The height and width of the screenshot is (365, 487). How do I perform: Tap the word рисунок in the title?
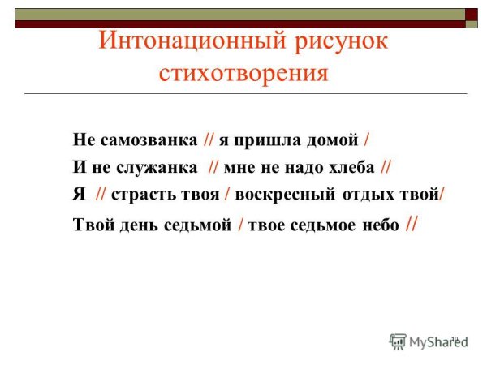pos(334,41)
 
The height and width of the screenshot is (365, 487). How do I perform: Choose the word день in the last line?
pos(133,225)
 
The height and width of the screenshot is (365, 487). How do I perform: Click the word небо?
pos(379,225)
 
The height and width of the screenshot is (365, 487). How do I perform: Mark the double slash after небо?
pos(411,224)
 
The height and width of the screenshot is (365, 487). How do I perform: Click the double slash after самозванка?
pos(207,140)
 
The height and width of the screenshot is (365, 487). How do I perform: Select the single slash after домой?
pos(367,140)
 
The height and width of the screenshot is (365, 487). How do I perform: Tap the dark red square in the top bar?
pos(472,13)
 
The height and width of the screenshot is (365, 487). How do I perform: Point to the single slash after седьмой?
pos(240,225)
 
